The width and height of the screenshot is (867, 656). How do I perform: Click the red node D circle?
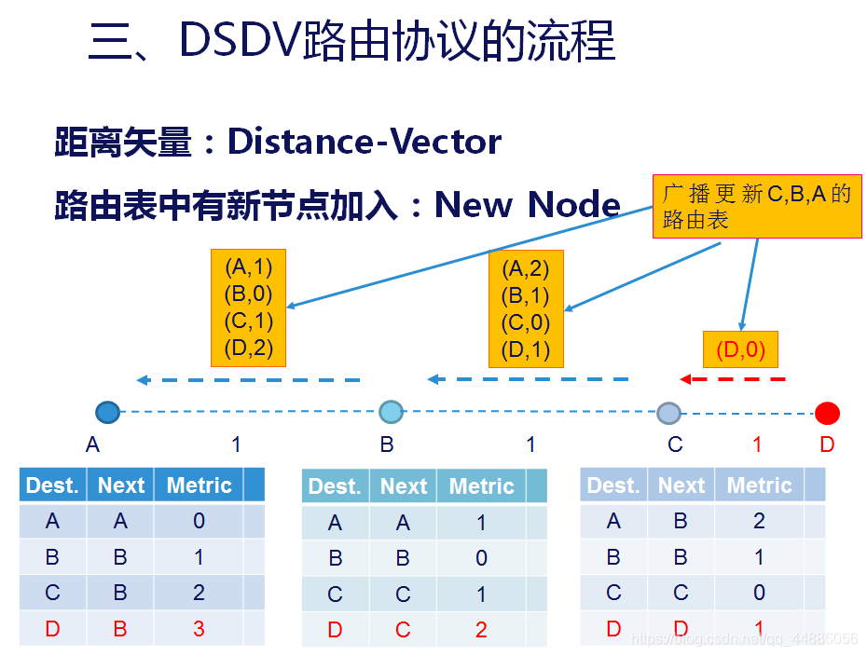(827, 413)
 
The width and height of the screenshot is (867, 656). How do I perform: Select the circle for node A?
(108, 412)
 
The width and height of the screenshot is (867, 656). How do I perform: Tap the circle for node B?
(392, 411)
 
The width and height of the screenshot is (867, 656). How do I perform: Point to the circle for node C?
(668, 413)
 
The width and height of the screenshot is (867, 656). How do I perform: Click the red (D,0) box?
(740, 351)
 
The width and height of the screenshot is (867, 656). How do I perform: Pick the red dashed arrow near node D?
(733, 379)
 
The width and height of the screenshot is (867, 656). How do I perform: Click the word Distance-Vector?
(365, 143)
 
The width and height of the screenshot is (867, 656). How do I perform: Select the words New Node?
(528, 204)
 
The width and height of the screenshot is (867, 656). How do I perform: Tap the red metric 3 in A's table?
(199, 629)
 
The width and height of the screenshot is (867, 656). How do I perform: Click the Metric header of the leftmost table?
(199, 485)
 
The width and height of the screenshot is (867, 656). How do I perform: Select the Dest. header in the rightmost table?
(613, 485)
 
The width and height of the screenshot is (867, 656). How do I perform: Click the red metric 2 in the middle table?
(481, 631)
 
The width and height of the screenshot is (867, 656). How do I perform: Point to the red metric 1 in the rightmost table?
(760, 629)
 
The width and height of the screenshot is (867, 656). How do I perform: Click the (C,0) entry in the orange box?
(526, 323)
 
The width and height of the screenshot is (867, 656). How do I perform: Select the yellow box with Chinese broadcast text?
(755, 208)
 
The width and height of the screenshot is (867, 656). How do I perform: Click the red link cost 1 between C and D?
(757, 444)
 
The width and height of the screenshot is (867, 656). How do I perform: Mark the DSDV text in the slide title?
(239, 42)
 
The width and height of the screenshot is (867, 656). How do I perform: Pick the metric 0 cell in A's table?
(199, 522)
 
